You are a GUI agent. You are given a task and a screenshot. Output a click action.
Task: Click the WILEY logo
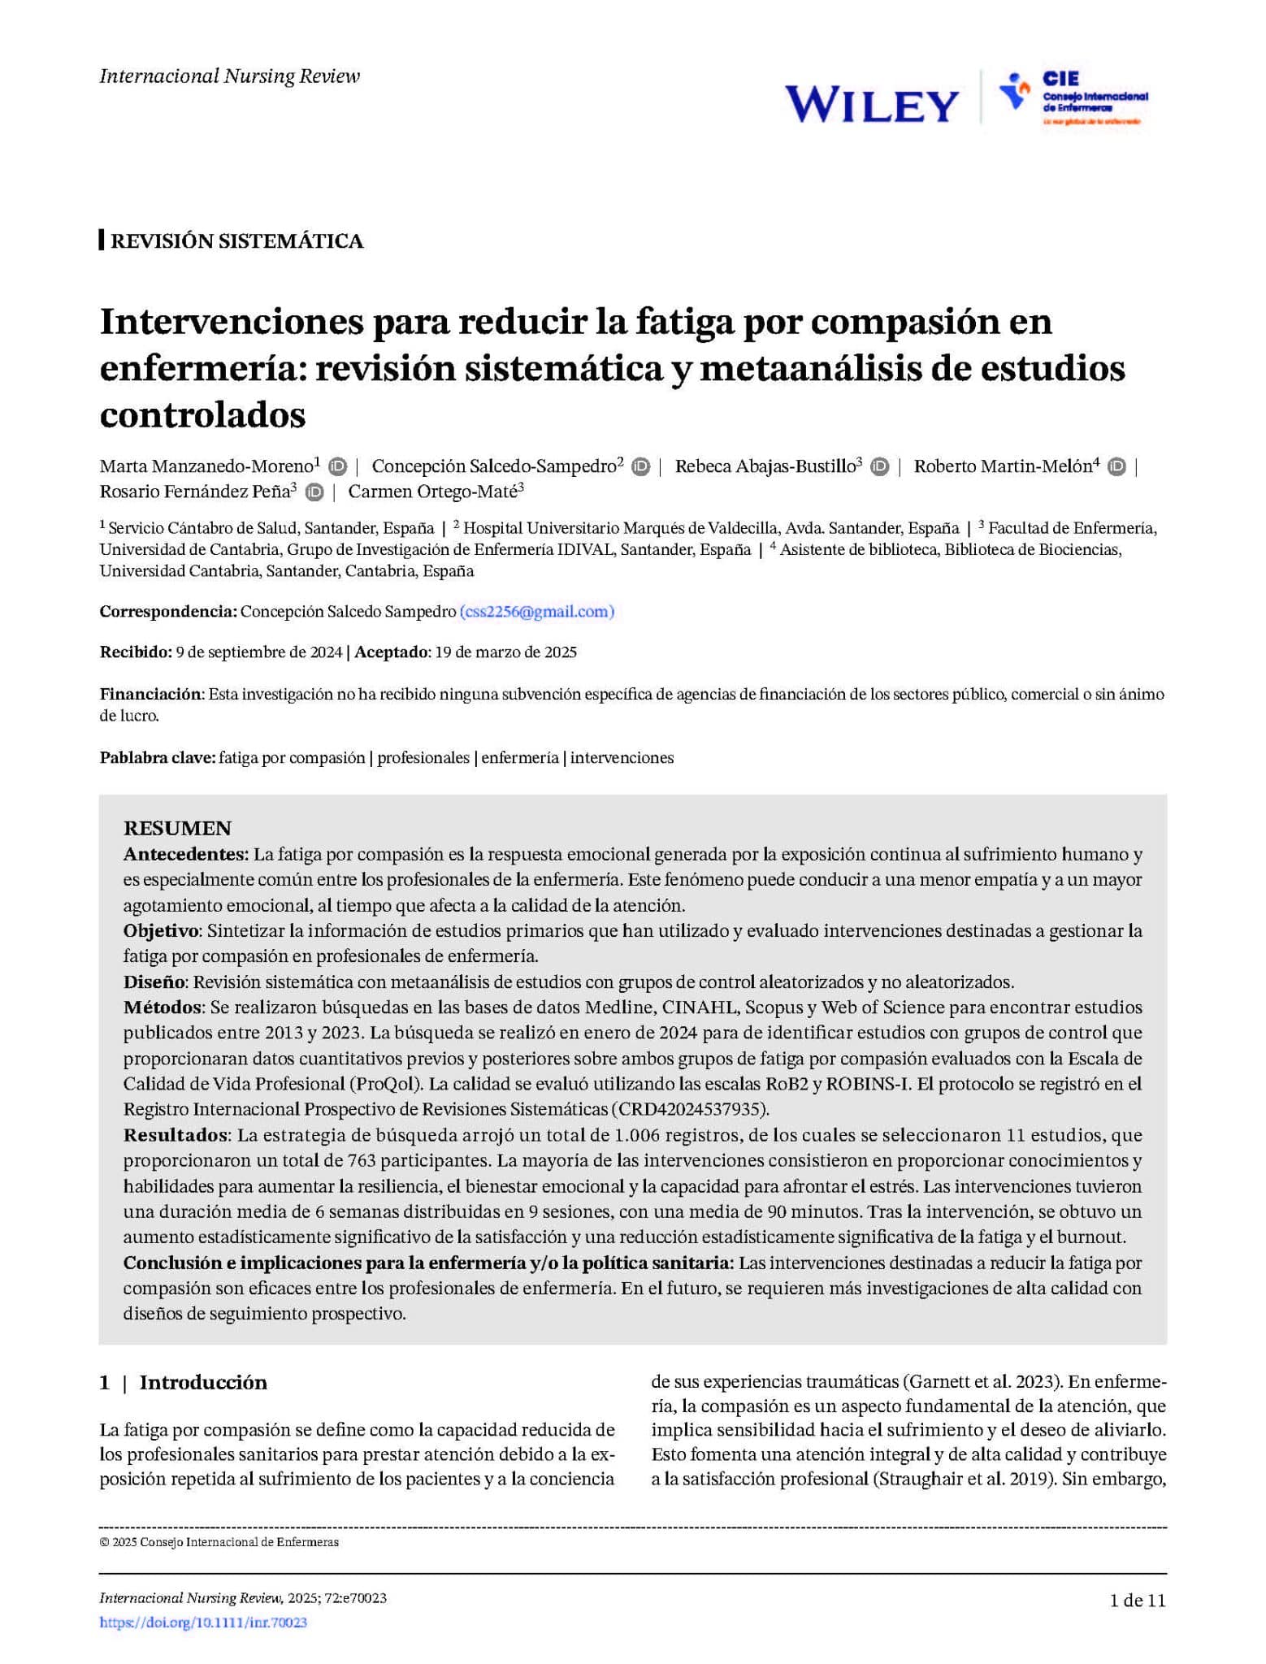point(871,105)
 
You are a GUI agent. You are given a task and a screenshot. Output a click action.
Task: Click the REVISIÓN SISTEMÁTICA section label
point(236,241)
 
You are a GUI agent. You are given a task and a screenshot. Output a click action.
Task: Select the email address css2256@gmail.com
point(536,612)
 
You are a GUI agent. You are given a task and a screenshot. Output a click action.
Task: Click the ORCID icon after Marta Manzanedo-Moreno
point(337,466)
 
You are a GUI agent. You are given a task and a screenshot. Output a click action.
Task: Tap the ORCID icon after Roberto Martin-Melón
point(1116,466)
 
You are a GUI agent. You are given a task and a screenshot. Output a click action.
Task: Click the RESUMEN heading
point(177,828)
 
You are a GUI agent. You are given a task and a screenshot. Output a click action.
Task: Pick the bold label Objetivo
point(161,930)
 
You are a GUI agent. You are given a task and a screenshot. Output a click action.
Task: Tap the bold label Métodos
point(162,1007)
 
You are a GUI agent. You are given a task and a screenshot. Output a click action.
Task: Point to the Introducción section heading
point(203,1383)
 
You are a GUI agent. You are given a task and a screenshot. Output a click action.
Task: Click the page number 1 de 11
point(1138,1601)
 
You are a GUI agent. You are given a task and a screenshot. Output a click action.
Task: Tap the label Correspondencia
point(168,612)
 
